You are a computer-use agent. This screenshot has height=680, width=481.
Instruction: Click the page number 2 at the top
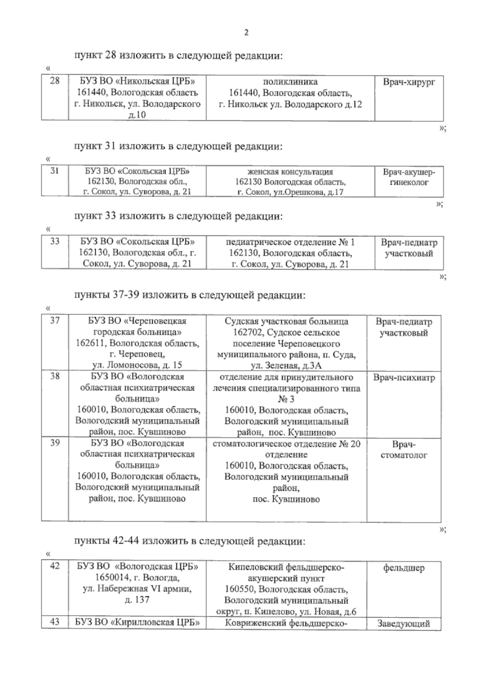(247, 33)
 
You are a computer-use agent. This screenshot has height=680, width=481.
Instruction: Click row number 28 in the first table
(55, 81)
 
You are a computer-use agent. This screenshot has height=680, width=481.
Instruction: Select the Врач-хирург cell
(409, 83)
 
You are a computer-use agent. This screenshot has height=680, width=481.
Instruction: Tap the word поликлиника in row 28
(290, 82)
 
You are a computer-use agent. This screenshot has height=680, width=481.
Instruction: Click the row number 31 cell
(55, 171)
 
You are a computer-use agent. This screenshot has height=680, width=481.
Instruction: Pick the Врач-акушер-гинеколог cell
(409, 177)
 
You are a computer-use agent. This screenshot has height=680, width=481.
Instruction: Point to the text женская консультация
(290, 172)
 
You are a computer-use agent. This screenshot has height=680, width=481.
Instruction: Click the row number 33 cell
(55, 241)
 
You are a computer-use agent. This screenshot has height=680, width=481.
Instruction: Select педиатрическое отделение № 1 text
(290, 243)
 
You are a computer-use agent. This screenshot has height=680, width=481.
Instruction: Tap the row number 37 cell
(55, 321)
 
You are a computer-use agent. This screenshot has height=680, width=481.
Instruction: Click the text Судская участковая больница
(286, 322)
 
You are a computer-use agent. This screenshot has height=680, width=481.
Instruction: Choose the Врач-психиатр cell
(404, 378)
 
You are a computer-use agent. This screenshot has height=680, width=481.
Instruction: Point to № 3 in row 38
(286, 399)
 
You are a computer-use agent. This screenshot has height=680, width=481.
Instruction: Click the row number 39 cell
(55, 443)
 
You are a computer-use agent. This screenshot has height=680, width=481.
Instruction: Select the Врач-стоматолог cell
(404, 450)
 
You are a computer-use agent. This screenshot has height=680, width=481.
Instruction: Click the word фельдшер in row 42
(404, 568)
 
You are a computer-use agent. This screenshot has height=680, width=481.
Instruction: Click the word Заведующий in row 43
(404, 635)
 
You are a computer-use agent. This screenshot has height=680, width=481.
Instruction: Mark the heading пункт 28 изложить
(178, 56)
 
